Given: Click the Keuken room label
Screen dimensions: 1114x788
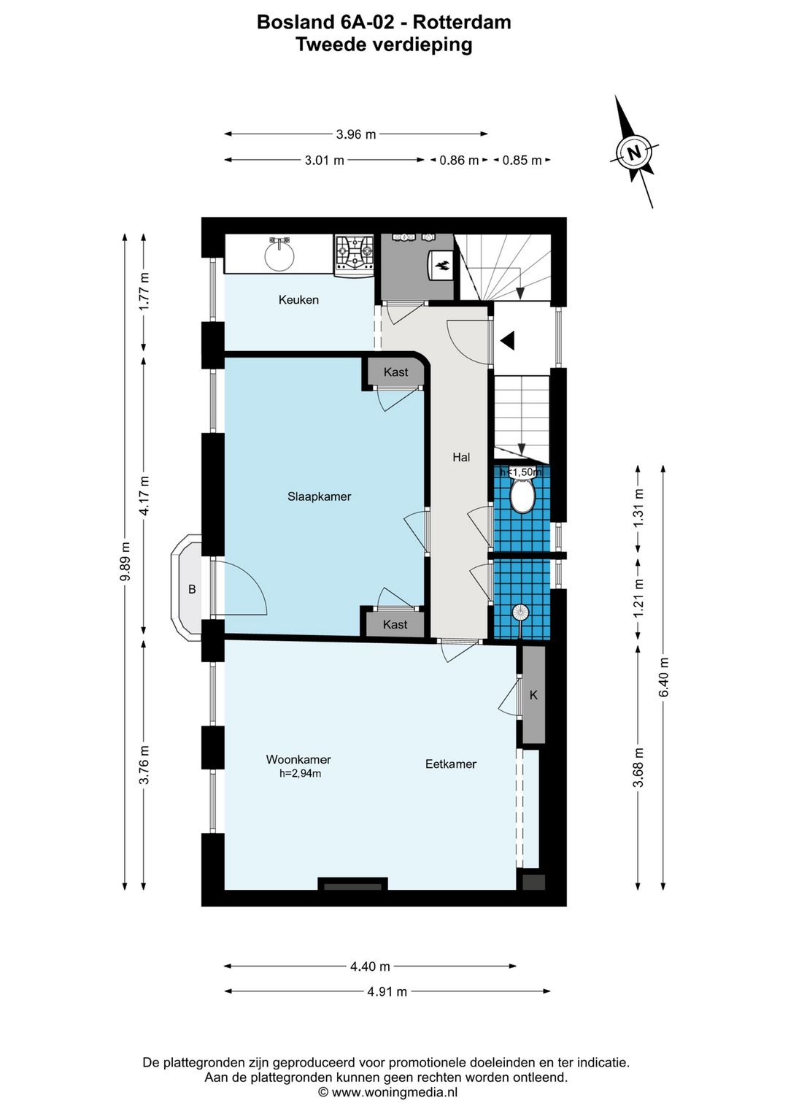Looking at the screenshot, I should point(298,299).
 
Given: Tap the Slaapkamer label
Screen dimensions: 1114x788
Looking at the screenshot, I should point(319,496).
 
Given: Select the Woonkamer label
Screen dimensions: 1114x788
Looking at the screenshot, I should point(298,759).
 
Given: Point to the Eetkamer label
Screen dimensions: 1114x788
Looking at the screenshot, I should point(450,764).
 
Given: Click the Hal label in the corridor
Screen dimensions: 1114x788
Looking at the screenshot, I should point(461,457).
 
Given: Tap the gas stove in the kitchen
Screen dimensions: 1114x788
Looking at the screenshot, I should point(354,255).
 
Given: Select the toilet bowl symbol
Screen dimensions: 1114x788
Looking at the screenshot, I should point(522,496).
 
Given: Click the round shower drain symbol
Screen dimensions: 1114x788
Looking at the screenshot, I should point(519,612).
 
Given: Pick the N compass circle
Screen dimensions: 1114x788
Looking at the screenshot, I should point(634,153).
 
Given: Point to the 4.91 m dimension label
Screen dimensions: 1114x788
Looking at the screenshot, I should point(387,991).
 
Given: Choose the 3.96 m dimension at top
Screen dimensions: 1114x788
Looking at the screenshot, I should point(356,134).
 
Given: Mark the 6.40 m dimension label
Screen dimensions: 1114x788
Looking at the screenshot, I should point(663,677).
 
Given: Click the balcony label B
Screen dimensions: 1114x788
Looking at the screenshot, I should point(192,589).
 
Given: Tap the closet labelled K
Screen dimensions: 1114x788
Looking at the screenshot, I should point(533,695).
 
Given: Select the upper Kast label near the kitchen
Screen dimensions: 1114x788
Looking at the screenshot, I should point(395,372).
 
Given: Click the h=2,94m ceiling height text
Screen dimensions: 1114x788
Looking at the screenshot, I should point(300,773).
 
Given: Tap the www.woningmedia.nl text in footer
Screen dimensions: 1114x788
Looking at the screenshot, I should point(394,1092).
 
